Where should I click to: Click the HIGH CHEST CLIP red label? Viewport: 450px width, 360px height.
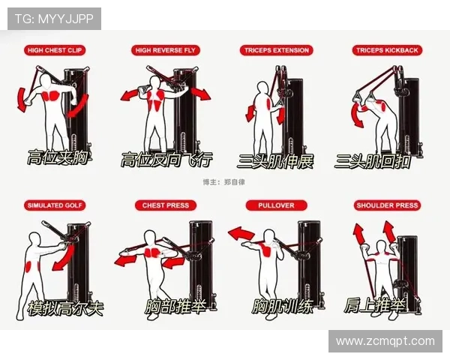(55, 50)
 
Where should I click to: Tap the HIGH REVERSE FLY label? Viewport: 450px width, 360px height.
(165, 50)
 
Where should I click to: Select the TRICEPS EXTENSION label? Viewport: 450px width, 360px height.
(276, 50)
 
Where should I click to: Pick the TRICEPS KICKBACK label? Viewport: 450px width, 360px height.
(387, 50)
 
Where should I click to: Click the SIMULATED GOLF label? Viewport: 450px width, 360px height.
(55, 205)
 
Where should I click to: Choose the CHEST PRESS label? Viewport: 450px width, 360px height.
(166, 205)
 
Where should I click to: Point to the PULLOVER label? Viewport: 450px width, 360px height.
(276, 205)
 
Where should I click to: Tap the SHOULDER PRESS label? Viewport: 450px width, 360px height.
(387, 205)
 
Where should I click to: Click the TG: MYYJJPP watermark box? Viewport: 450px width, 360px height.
(54, 19)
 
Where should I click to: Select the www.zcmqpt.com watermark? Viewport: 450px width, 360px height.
(385, 341)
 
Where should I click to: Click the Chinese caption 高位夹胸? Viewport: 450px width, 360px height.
(58, 157)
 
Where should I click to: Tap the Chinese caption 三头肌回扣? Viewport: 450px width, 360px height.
(373, 161)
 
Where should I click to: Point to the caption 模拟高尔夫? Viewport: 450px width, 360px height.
(65, 308)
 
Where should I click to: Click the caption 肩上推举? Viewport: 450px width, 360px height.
(375, 305)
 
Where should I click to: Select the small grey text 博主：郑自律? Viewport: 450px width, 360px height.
(223, 182)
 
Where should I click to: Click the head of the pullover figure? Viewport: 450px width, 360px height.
(269, 235)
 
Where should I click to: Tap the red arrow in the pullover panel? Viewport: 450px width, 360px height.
(241, 234)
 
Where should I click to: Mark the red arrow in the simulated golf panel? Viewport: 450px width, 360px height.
(64, 256)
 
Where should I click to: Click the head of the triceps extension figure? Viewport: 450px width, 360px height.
(263, 88)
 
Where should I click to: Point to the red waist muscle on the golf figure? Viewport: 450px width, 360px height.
(29, 267)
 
